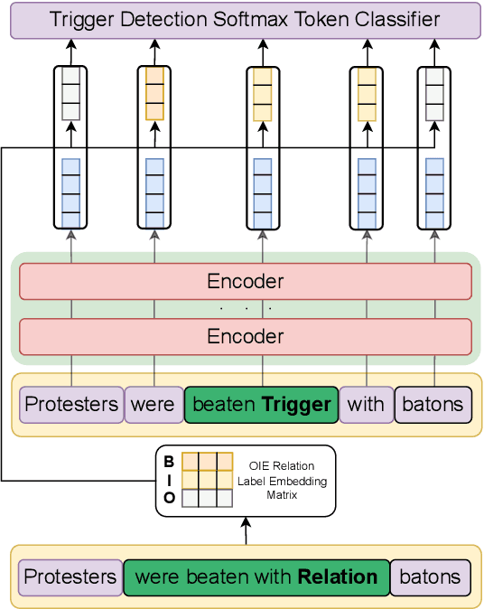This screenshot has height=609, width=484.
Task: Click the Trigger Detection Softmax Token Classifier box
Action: (x=245, y=20)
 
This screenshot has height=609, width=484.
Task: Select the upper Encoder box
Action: (x=245, y=281)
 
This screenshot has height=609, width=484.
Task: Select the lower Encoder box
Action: (x=245, y=336)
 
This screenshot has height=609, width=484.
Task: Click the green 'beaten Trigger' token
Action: (x=262, y=404)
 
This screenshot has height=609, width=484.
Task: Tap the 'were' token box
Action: (x=153, y=404)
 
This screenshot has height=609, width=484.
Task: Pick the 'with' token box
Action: (x=366, y=404)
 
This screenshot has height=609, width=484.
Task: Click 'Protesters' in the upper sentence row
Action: (x=70, y=404)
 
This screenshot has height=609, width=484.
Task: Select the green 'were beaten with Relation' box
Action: (x=256, y=576)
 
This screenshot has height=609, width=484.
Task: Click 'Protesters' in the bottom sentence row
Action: (x=70, y=576)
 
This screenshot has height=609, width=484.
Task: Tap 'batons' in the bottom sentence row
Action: (x=429, y=576)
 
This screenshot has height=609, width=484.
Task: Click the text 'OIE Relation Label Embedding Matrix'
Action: (x=283, y=481)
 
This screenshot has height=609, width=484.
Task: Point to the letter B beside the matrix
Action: (x=169, y=462)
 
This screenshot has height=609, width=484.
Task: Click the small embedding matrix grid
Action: (x=208, y=480)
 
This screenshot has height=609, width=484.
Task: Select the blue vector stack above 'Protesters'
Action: (x=70, y=192)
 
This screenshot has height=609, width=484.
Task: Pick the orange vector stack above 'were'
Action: (x=154, y=94)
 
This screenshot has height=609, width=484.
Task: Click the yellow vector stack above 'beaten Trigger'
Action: (x=262, y=94)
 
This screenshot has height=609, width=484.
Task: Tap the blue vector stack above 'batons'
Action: (x=434, y=192)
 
